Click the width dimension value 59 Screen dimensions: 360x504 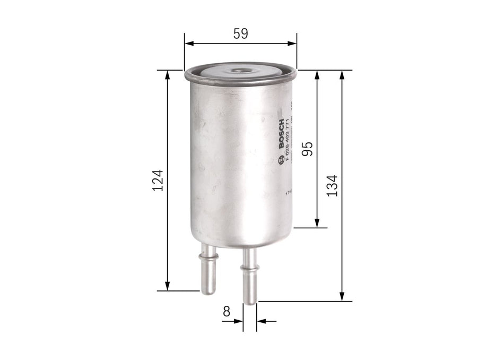(240, 33)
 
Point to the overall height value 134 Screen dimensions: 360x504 (333, 185)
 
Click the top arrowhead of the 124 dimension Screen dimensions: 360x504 (168, 75)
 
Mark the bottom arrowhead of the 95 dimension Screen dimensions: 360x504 (317, 223)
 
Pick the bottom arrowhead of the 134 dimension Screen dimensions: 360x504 (342, 296)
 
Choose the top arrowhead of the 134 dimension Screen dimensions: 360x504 (342, 75)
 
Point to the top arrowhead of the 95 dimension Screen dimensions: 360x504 (317, 75)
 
